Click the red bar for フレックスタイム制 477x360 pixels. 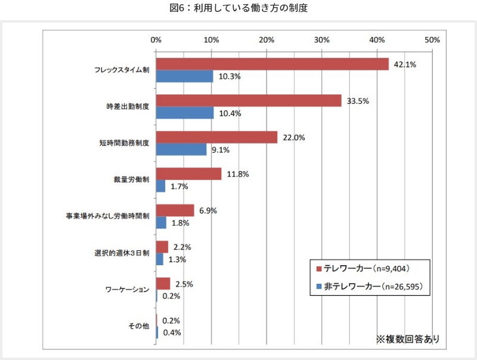point(272,64)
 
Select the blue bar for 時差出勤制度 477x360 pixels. point(185,113)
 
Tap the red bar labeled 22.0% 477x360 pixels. point(216,137)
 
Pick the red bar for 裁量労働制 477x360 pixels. point(188,173)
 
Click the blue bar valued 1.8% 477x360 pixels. point(161,222)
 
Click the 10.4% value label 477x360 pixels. point(230,113)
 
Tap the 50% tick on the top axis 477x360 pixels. point(432,40)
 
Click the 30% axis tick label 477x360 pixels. point(321,40)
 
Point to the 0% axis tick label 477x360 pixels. point(156,40)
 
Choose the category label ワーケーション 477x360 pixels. point(126,290)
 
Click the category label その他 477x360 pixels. point(138,326)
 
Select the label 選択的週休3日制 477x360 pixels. point(122,253)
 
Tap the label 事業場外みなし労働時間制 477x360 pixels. point(108,216)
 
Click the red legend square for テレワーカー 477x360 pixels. point(319,268)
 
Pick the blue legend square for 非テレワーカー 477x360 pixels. point(319,287)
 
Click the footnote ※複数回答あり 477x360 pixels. point(407,339)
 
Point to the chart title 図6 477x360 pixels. point(238,9)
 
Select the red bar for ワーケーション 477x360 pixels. point(163,283)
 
